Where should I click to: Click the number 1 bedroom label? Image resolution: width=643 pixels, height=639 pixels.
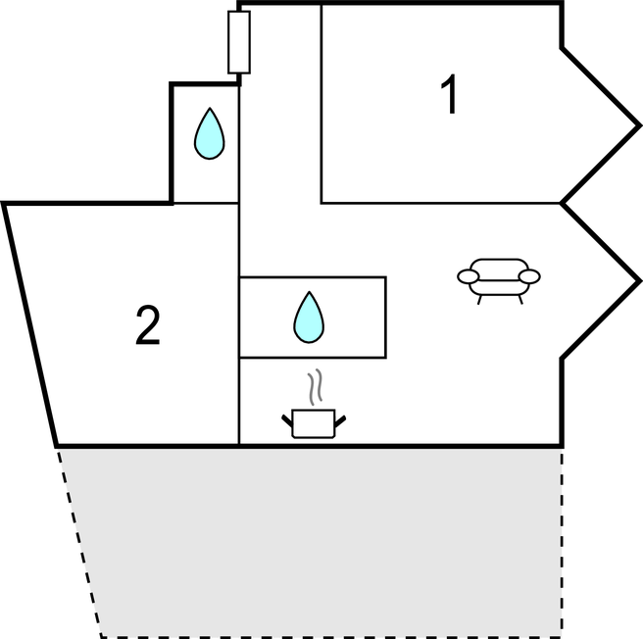450,94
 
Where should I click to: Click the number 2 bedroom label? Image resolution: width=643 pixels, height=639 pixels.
148,325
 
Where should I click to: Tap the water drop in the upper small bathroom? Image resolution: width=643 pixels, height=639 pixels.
209,133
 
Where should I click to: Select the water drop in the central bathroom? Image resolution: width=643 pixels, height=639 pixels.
309,317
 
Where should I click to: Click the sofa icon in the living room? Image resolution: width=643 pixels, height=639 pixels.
499,281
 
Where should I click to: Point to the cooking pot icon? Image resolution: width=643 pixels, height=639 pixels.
314,423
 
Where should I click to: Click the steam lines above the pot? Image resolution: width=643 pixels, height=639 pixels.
315,387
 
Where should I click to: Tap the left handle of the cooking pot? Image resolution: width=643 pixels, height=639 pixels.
287,421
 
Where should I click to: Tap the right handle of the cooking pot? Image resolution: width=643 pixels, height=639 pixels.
340,421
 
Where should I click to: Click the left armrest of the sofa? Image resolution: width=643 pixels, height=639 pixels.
468,276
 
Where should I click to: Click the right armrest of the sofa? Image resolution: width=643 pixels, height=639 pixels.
529,276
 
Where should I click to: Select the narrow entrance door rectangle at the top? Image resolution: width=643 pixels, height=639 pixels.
239,42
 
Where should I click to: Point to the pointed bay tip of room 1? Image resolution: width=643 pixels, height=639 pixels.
640,125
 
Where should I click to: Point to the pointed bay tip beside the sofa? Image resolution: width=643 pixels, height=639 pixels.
640,281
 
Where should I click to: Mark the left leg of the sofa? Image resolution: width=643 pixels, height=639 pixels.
479,300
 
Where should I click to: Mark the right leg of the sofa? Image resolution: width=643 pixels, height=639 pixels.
520,300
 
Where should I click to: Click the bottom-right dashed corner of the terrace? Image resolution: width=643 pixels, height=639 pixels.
562,636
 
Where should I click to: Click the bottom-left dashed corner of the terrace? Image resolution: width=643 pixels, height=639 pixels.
102,636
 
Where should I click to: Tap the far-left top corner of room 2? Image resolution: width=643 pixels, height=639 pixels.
4,203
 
